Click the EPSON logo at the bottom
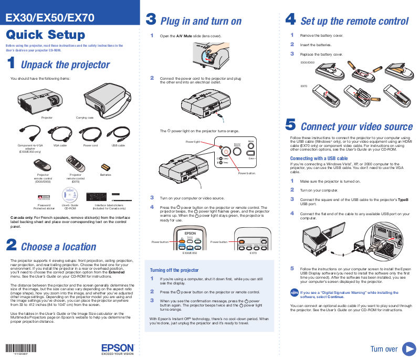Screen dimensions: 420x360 coord(118,348)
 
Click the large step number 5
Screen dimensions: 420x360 coord(290,125)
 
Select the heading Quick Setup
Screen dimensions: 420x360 coord(45,35)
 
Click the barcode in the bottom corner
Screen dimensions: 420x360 coord(16,348)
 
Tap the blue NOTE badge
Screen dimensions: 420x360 coord(294,293)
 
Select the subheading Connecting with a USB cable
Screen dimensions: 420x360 coord(319,158)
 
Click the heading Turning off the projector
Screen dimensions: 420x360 coord(174,270)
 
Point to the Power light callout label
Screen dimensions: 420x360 coord(193,142)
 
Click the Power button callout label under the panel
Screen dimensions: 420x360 coord(246,173)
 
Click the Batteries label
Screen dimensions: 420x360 coord(106,174)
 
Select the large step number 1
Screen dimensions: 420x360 coord(11,64)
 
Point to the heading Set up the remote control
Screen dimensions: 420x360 coord(354,22)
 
